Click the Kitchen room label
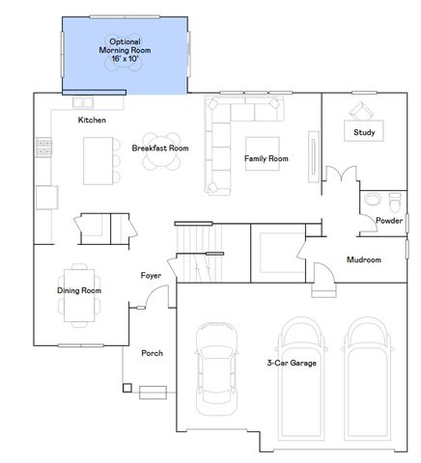coord(92,120)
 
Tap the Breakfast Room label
coord(159,149)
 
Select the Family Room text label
coord(266,157)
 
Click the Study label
coord(364,132)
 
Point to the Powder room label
coord(389,220)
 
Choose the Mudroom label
coord(364,259)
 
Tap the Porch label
coord(152,353)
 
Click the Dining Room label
coord(79,290)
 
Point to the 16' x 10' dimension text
coord(125,59)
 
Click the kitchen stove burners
coord(42,147)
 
